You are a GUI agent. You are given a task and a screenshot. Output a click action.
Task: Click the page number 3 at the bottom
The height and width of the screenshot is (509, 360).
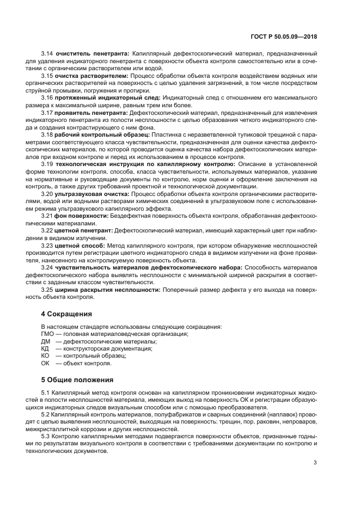(x=315, y=463)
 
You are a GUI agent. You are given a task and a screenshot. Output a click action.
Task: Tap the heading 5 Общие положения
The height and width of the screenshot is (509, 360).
(x=77, y=379)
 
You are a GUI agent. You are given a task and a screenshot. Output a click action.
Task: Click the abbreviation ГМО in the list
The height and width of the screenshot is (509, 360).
(x=48, y=334)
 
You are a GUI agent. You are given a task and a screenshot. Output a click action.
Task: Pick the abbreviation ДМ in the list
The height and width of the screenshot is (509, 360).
(x=46, y=341)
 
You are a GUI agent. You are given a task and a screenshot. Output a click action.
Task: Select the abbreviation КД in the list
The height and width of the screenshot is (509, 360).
(x=45, y=348)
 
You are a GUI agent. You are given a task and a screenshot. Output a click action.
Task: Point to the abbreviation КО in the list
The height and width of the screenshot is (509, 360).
(x=45, y=355)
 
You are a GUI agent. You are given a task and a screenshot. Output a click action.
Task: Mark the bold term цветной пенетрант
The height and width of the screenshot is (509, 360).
(x=84, y=230)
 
